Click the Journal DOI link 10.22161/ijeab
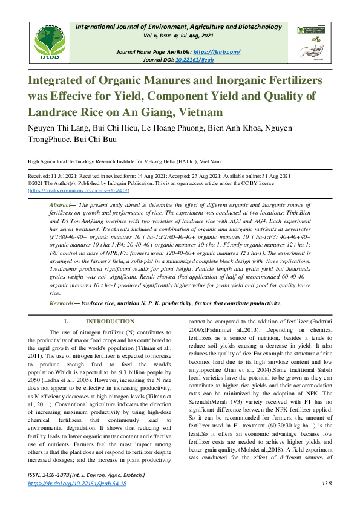[195, 60]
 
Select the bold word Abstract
[61, 206]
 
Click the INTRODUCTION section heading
[110, 322]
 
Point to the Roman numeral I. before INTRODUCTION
[68, 322]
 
